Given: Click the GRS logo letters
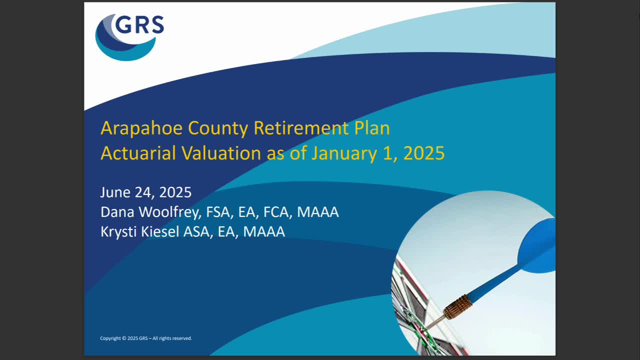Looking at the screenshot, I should (139, 24).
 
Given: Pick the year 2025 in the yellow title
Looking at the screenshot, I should (423, 153).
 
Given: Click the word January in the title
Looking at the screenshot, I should (343, 153).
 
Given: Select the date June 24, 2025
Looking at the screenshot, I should (145, 192).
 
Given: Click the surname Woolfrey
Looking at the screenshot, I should (170, 212).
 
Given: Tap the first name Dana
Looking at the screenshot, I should (118, 212).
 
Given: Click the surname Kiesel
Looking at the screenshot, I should (158, 231).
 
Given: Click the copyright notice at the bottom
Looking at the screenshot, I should (146, 338).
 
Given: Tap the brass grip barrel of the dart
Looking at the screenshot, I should (458, 306).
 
